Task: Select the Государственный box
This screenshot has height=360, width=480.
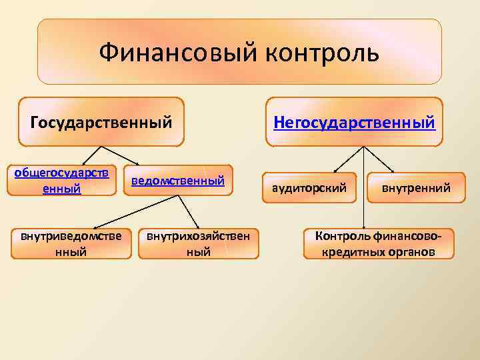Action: [101, 122]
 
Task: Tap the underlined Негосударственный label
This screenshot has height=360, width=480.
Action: [355, 122]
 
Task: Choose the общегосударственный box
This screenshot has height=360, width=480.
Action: [62, 180]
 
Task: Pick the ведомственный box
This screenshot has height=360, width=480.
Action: [177, 181]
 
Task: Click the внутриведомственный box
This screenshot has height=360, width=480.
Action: [71, 243]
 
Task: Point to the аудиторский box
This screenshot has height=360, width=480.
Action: [309, 188]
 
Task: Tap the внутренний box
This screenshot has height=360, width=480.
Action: [416, 188]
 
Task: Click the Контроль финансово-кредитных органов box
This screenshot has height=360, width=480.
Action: [377, 243]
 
